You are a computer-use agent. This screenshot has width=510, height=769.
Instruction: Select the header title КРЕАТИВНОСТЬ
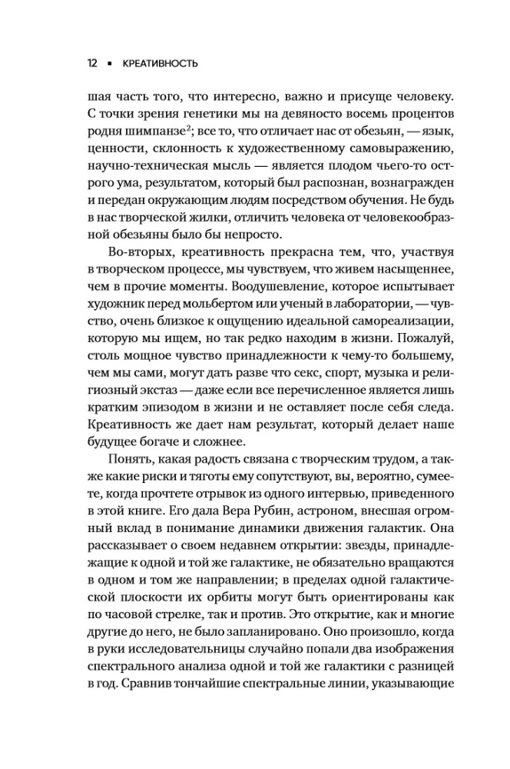coord(160,64)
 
